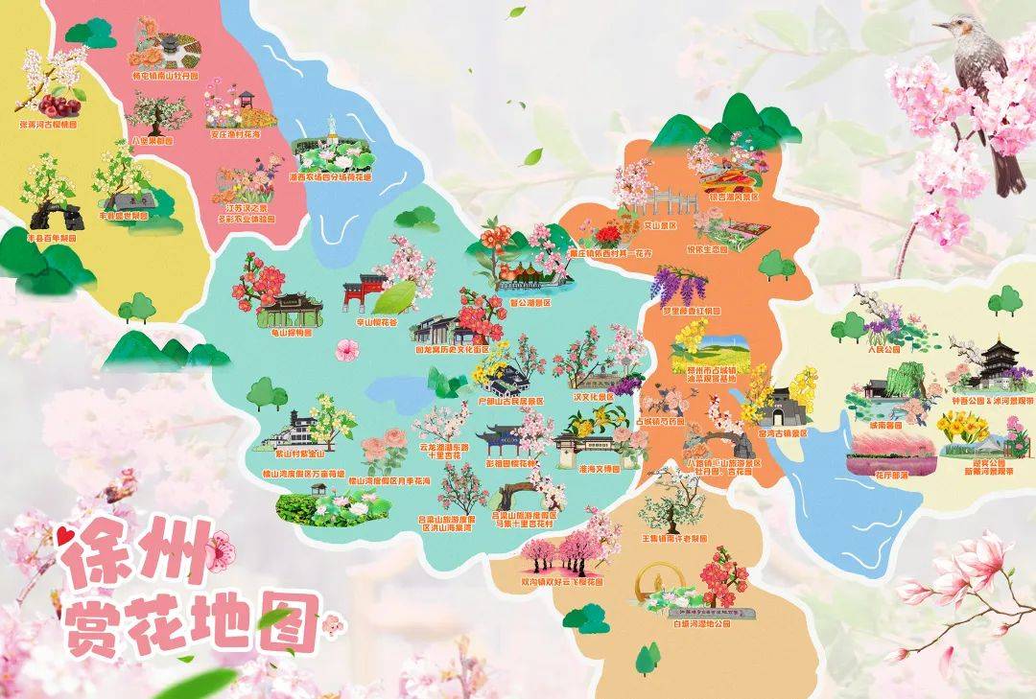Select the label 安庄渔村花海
coord(234,135)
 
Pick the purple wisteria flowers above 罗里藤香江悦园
coord(679,285)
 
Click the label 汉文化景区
coord(592,395)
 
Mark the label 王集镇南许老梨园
coord(673,539)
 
